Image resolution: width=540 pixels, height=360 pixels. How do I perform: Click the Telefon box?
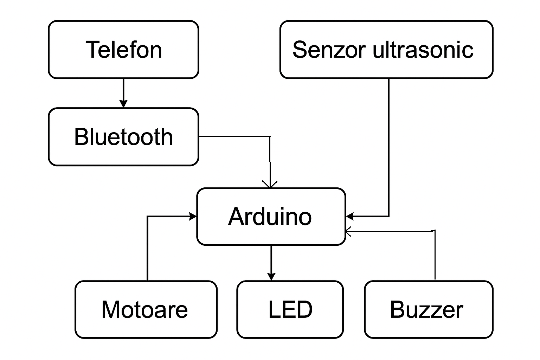click(123, 50)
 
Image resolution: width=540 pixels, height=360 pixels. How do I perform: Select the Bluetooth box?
click(123, 137)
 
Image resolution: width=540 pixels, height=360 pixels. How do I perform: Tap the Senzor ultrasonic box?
click(386, 50)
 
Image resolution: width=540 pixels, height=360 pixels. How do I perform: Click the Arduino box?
click(271, 217)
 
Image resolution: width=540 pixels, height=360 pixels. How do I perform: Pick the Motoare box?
click(146, 309)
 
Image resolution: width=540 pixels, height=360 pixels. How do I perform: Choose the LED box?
click(290, 309)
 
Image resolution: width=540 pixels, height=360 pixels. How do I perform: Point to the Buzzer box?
click(429, 309)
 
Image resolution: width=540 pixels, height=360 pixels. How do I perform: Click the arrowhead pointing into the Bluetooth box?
click(123, 104)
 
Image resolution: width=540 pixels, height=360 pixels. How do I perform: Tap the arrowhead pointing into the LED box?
click(271, 277)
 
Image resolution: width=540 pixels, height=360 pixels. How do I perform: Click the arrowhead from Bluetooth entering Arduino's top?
click(270, 185)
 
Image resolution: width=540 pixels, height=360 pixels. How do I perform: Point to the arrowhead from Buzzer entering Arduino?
click(348, 231)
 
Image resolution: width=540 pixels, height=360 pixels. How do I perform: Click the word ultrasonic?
click(423, 50)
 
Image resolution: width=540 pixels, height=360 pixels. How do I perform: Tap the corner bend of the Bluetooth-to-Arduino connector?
click(270, 136)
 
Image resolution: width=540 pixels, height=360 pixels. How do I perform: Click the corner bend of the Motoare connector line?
click(147, 217)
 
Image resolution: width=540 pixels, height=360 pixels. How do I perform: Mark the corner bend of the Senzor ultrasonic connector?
click(388, 216)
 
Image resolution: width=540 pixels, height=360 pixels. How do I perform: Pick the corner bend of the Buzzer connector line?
click(435, 231)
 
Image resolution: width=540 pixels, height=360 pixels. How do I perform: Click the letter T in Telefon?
click(93, 50)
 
